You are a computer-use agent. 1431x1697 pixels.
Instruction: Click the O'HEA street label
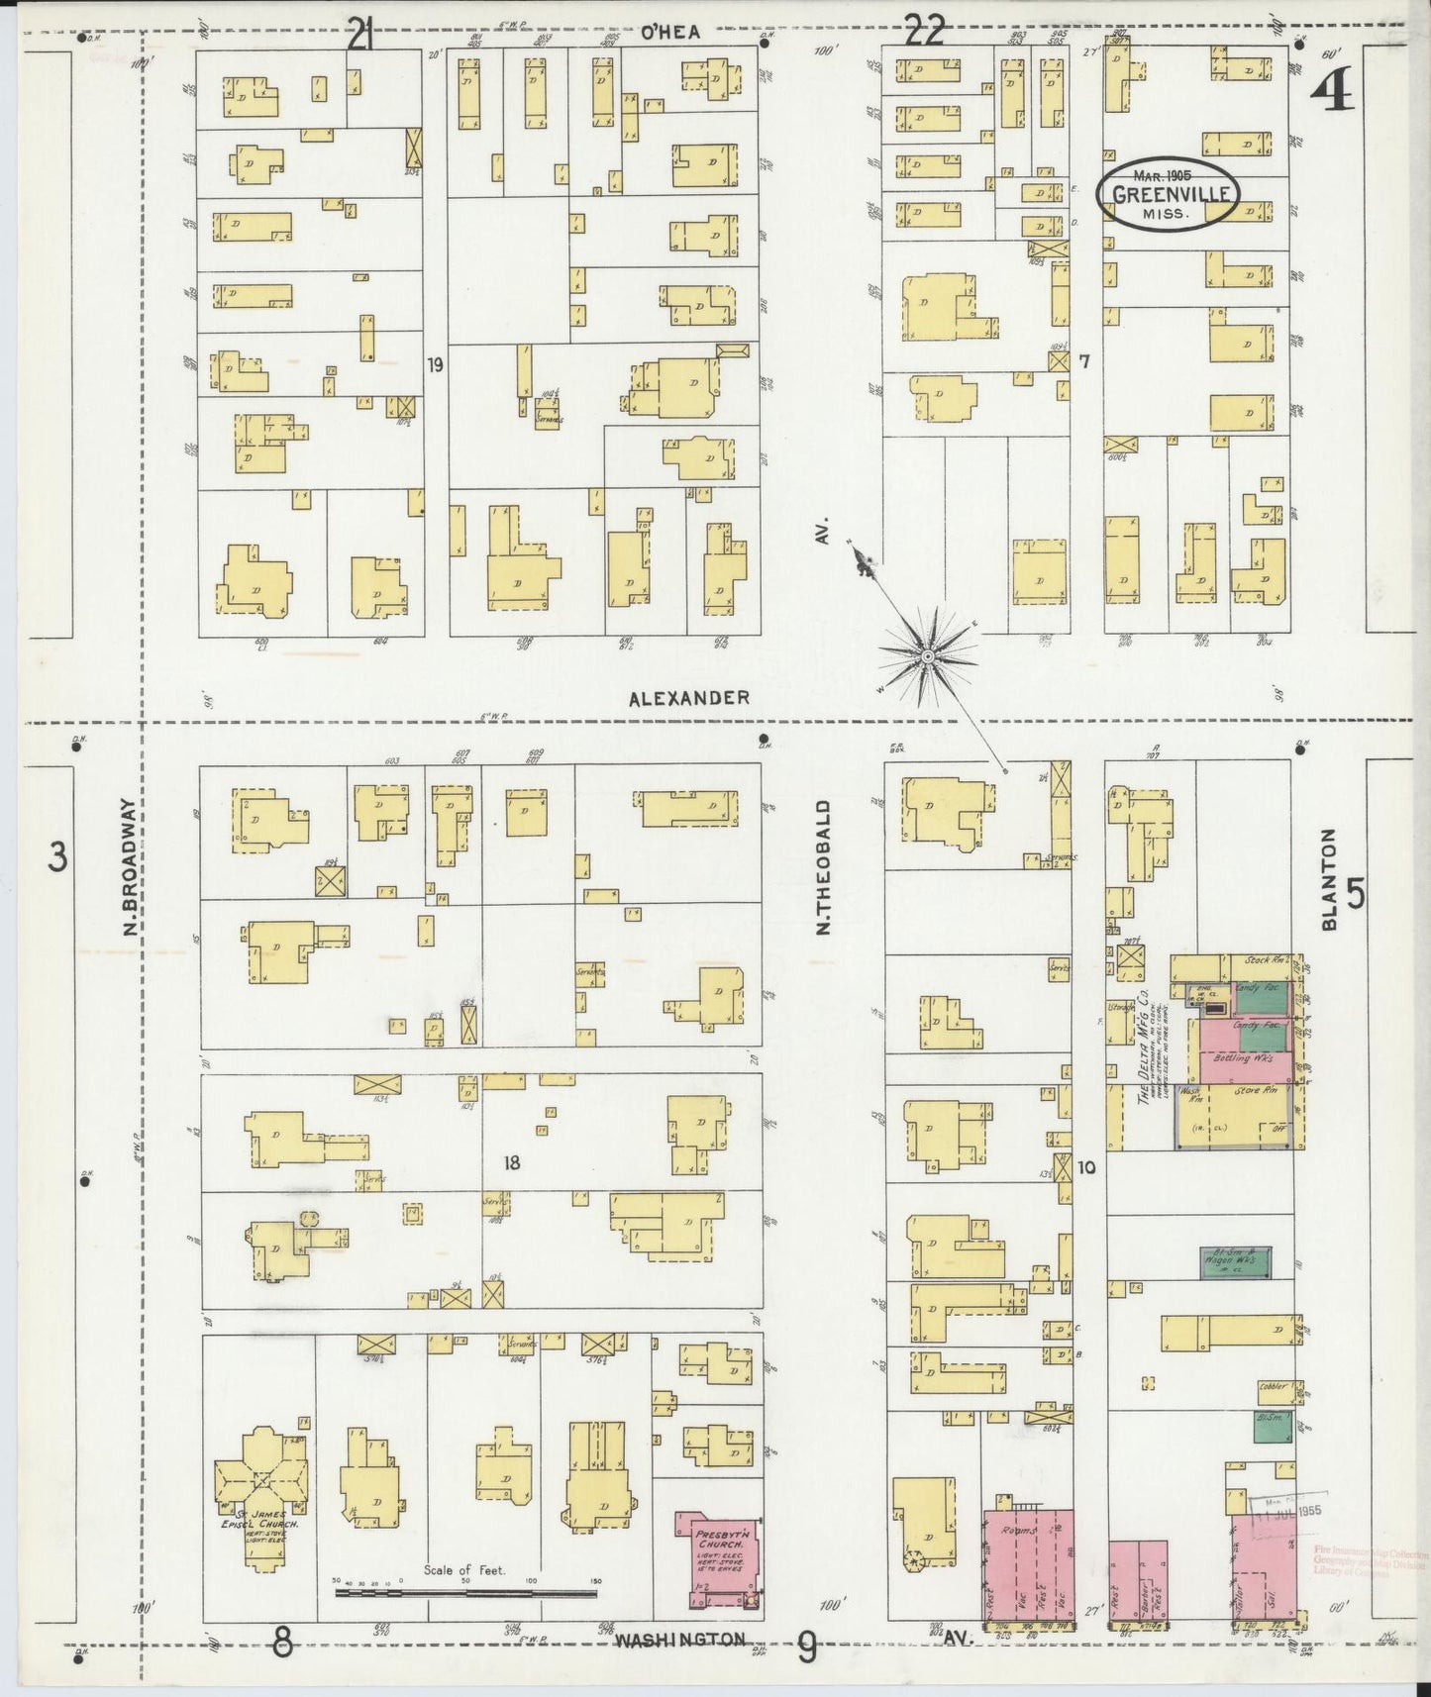tap(670, 33)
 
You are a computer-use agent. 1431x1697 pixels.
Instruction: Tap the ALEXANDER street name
tap(689, 698)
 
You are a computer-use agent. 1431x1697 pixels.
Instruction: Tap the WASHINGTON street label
tap(678, 1639)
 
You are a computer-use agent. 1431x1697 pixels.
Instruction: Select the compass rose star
tap(928, 655)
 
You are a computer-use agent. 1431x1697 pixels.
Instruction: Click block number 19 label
tap(435, 364)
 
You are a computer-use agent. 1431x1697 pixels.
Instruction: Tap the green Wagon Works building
tap(1234, 1261)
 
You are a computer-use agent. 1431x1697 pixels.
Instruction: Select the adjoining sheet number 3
tap(58, 855)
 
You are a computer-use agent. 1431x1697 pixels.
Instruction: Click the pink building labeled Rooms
tap(1030, 1564)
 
